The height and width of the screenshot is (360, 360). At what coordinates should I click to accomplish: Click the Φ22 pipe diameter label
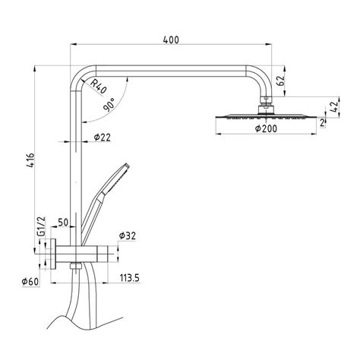click(103, 137)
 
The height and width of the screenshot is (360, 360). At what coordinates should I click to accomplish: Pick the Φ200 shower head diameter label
click(265, 130)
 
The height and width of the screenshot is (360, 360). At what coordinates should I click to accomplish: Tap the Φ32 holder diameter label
click(128, 236)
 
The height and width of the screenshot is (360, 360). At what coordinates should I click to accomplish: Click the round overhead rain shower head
click(264, 115)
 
